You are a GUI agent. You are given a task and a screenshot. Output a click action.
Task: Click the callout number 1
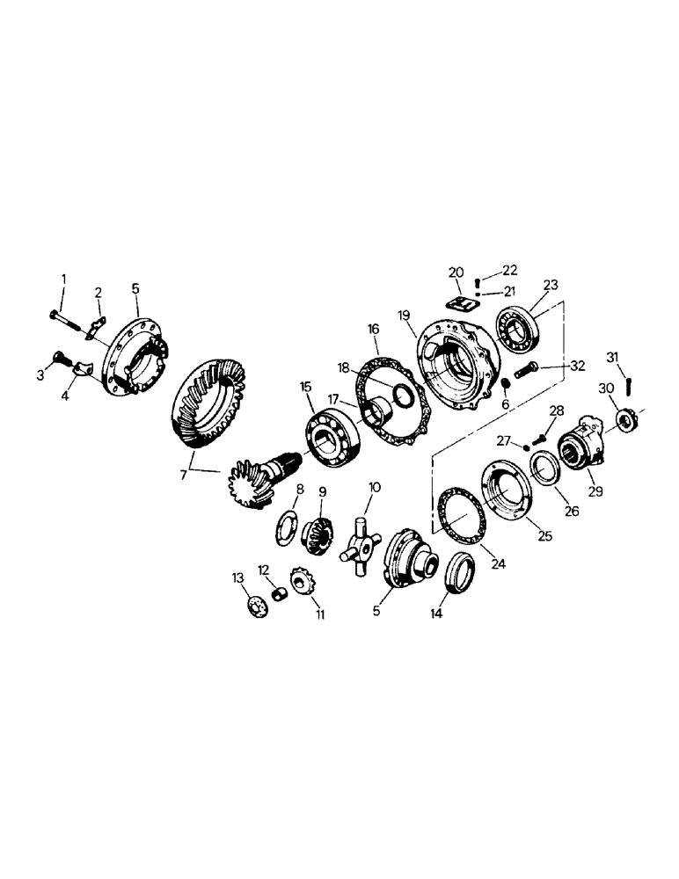click(62, 280)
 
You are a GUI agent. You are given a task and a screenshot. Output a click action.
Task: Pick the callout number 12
click(262, 570)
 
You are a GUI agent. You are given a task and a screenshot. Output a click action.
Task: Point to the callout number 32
click(577, 364)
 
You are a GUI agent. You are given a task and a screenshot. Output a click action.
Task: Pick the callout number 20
click(456, 272)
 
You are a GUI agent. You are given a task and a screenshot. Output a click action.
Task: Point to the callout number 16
click(373, 329)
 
